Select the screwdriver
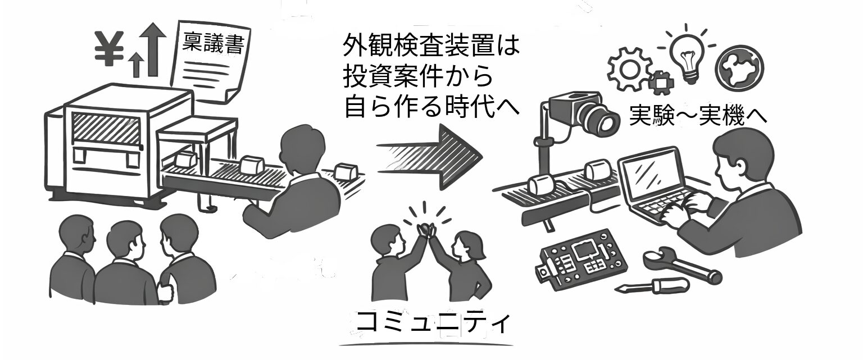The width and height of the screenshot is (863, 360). tap(652, 285)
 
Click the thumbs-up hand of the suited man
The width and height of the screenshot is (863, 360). tap(165, 290)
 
